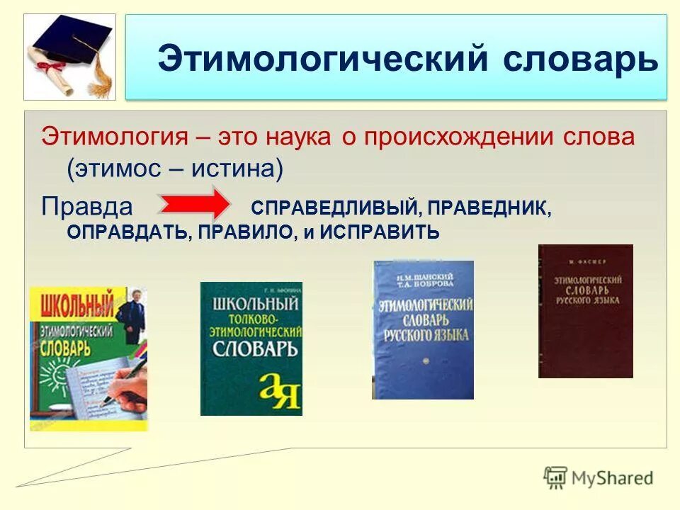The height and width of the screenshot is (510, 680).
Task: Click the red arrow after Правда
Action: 193,205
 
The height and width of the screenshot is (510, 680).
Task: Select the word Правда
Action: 87,206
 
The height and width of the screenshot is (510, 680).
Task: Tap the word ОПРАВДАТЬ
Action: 127,232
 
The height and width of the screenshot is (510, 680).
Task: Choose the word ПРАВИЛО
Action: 245,232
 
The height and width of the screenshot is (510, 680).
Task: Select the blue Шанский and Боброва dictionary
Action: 423,329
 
